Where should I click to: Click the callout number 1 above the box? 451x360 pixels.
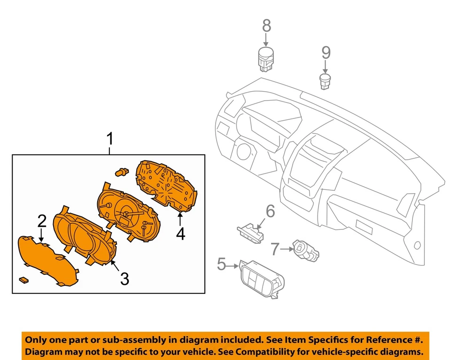click(110, 139)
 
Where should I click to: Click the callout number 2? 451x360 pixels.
click(42, 220)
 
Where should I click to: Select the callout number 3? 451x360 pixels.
click(124, 279)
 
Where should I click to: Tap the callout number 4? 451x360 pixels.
click(180, 233)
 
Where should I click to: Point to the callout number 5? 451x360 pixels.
click(221, 264)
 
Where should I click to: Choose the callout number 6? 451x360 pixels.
click(270, 211)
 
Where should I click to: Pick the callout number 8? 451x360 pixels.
click(266, 25)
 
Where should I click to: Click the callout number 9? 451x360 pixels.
click(326, 52)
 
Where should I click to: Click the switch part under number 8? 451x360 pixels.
click(266, 59)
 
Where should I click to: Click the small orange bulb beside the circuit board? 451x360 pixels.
click(122, 172)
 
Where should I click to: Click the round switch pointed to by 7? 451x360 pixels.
click(306, 249)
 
